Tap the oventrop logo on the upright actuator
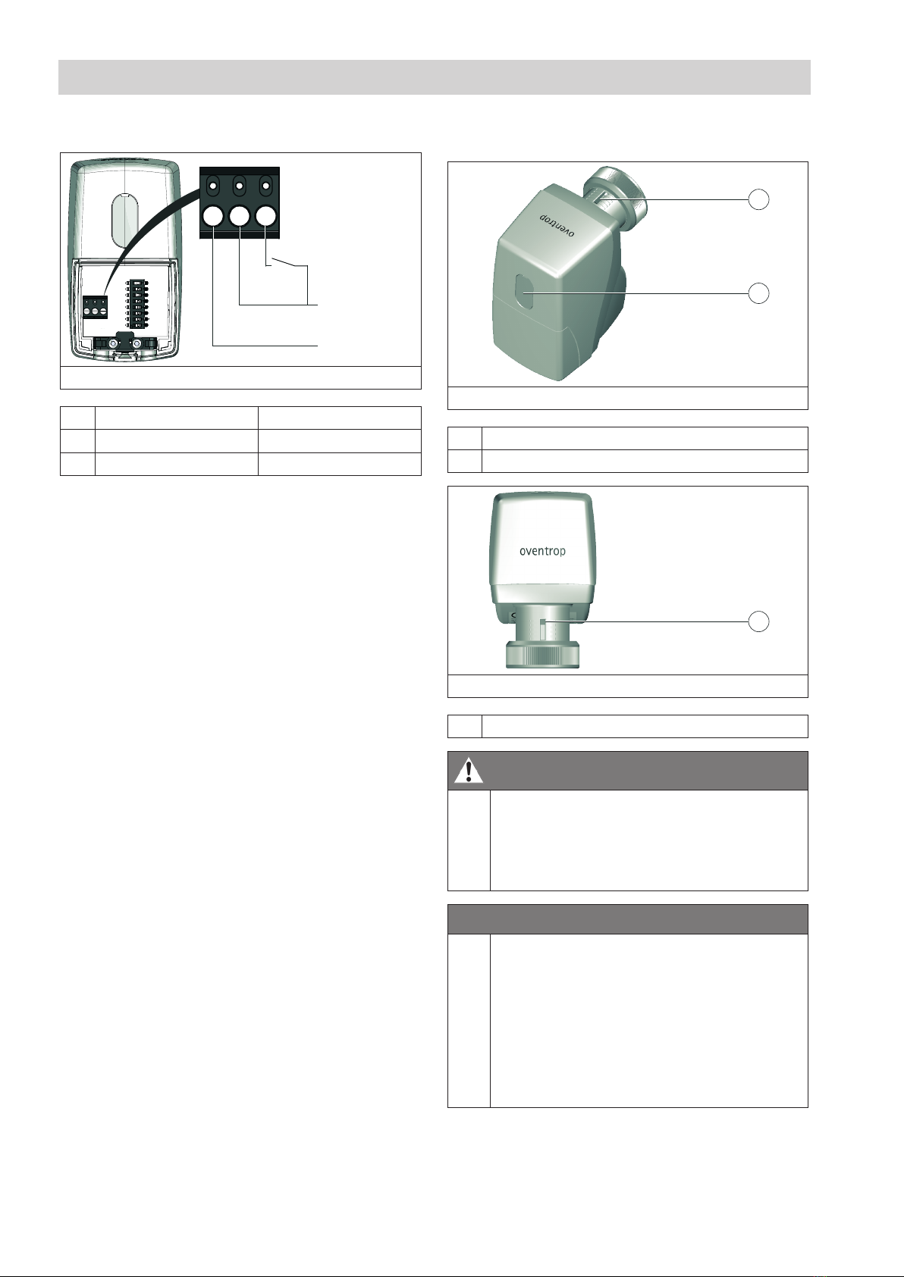[542, 551]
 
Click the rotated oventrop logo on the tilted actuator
[557, 226]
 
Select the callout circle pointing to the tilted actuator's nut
[758, 199]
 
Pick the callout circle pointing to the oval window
[758, 293]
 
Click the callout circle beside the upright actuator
[758, 621]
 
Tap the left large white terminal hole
[213, 217]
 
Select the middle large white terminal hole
[239, 217]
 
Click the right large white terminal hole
[265, 217]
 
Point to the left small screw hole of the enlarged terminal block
[213, 185]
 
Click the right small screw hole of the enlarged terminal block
[265, 185]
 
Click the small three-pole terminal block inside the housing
[96, 307]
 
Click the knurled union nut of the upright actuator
[543, 655]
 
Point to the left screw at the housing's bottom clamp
[114, 344]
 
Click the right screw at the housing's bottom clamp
[137, 344]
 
